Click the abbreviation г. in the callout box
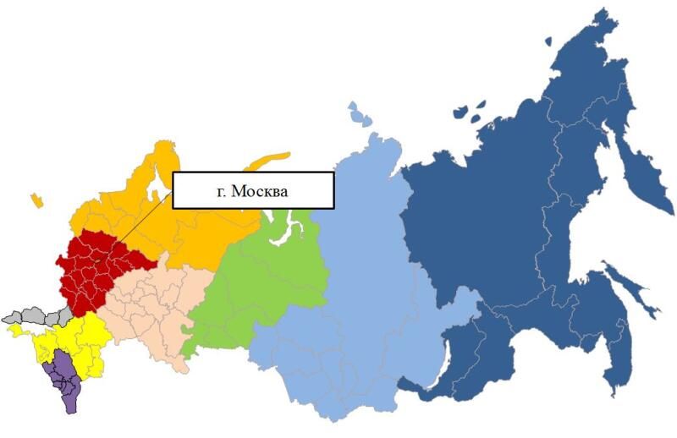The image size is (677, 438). (223, 192)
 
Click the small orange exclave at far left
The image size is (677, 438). (36, 200)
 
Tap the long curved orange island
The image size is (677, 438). (267, 162)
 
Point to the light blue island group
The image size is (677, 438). (360, 114)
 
